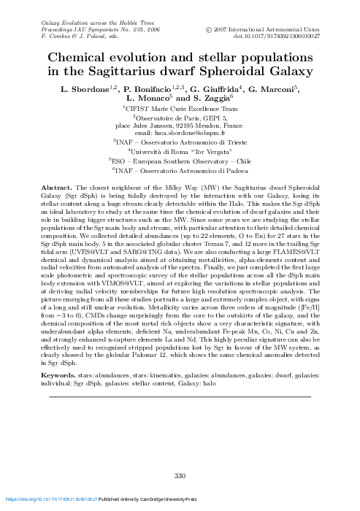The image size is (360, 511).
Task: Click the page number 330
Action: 180,477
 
